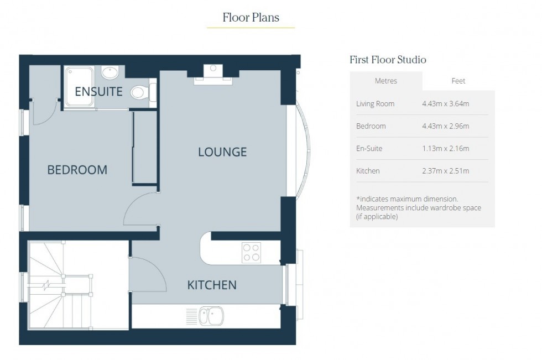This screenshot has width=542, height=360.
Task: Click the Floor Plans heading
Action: pos(251,18)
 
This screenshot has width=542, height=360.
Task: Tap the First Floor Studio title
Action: pos(388,60)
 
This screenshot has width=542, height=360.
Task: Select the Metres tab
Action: pos(386,81)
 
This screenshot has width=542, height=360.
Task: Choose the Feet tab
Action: pos(458,81)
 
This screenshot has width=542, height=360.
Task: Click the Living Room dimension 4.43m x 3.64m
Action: pos(445,103)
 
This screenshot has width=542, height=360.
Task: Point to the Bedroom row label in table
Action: pos(371,126)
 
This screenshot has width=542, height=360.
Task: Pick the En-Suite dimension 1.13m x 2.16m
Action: pos(445,149)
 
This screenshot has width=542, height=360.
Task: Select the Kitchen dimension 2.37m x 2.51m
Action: pos(445,171)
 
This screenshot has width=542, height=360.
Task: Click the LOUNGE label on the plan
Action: pos(222,152)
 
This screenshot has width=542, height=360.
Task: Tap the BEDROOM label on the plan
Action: pos(77,170)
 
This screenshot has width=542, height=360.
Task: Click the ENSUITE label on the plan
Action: pos(98,92)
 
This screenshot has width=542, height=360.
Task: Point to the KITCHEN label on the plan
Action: pos(212,285)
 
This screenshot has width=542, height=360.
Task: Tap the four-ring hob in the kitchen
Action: pos(251,253)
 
